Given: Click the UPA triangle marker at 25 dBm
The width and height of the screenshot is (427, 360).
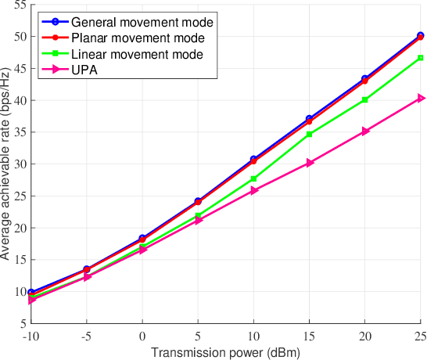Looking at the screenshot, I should pyautogui.click(x=421, y=98).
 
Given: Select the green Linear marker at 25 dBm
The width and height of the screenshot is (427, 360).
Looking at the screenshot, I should pyautogui.click(x=421, y=58).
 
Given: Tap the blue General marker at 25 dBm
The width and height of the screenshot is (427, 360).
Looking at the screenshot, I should pyautogui.click(x=421, y=35).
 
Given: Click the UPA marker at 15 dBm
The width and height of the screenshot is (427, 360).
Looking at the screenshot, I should pyautogui.click(x=310, y=163).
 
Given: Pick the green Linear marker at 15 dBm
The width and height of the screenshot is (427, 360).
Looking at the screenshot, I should pyautogui.click(x=310, y=134).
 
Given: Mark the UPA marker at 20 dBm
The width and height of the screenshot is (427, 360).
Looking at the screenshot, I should pyautogui.click(x=365, y=131).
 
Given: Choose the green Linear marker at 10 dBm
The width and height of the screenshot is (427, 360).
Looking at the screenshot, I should pyautogui.click(x=254, y=178).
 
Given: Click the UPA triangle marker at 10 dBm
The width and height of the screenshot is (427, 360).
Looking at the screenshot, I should pyautogui.click(x=254, y=190).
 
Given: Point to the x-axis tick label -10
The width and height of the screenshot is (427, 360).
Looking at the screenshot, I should pyautogui.click(x=31, y=336).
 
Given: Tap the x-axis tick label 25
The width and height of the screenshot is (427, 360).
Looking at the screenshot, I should pyautogui.click(x=420, y=336).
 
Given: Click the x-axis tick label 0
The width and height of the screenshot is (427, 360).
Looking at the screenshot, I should pyautogui.click(x=142, y=336).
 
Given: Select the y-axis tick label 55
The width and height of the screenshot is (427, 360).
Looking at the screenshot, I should pyautogui.click(x=18, y=5).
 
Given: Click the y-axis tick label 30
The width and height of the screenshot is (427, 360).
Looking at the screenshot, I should pyautogui.click(x=18, y=164).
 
